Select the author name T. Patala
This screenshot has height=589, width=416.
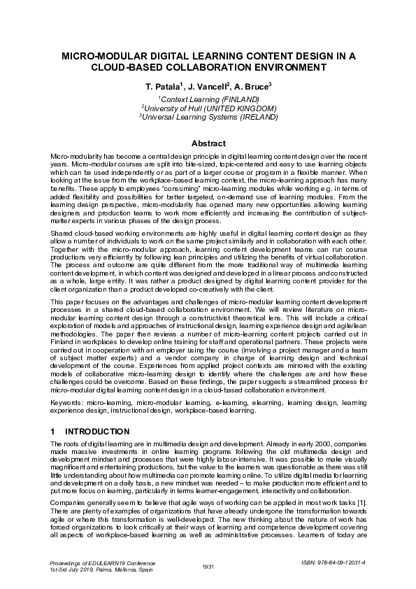point(162,86)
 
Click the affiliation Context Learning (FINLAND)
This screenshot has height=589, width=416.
point(208,100)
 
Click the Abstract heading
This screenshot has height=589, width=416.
point(208,143)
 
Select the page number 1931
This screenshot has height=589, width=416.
point(208,566)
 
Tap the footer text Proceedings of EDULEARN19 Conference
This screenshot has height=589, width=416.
point(102,562)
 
